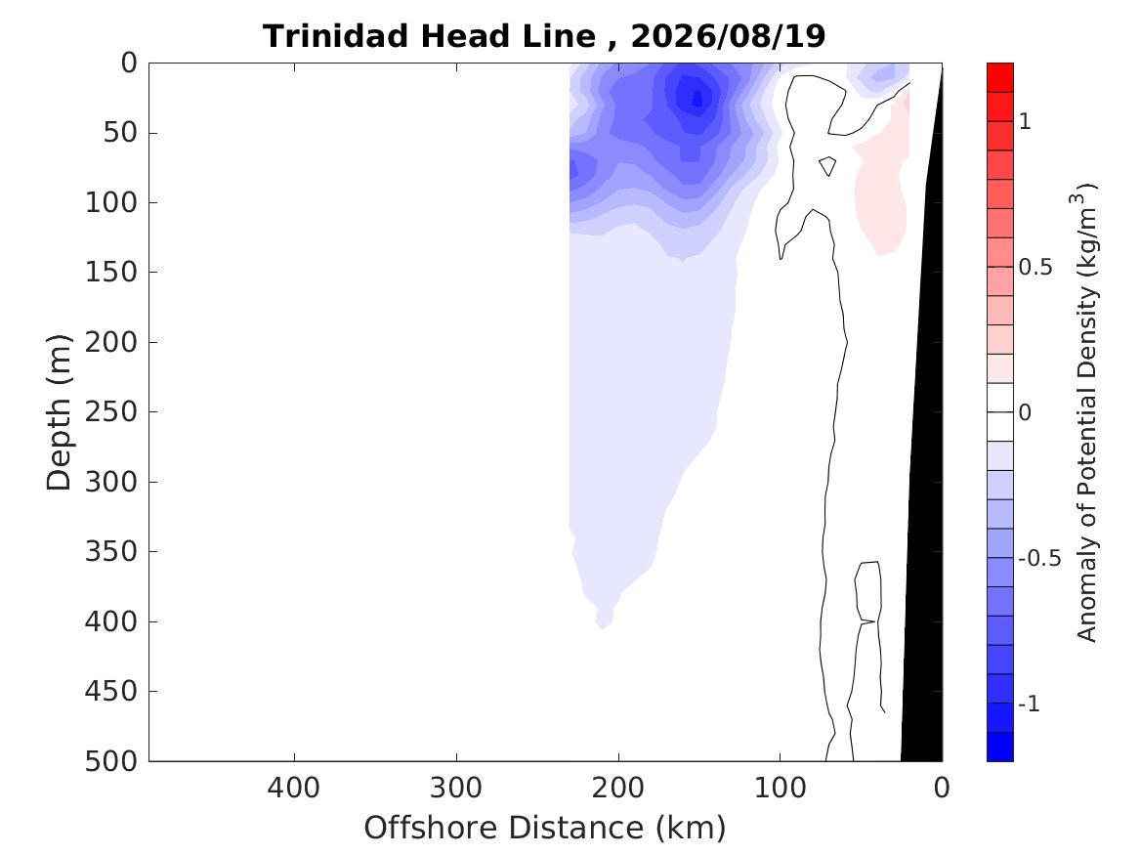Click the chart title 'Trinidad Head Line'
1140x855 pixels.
click(429, 35)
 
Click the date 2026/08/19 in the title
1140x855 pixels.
click(728, 35)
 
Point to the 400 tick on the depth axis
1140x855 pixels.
click(111, 621)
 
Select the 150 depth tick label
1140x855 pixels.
click(111, 272)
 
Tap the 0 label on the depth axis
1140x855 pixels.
click(129, 64)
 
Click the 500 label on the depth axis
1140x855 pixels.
click(111, 761)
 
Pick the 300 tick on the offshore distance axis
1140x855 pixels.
click(456, 788)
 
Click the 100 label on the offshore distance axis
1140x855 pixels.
click(780, 788)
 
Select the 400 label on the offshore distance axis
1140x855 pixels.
click(294, 788)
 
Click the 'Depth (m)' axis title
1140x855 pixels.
click(59, 412)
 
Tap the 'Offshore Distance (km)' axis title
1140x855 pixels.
click(544, 828)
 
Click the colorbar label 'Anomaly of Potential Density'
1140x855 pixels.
click(1085, 464)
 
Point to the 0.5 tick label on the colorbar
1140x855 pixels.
click(1035, 267)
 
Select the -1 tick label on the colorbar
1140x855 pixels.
click(1029, 704)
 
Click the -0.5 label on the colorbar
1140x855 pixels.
click(1039, 558)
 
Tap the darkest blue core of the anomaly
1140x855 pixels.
click(697, 97)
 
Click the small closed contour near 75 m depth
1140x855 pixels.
click(827, 166)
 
